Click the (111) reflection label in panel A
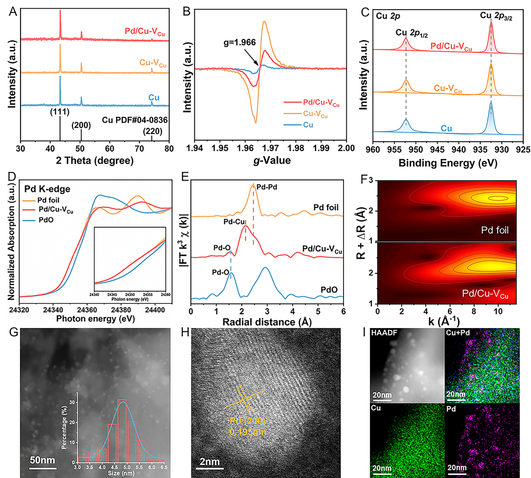(x=60, y=114)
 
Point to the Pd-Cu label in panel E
(x=234, y=222)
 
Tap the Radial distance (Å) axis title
(x=267, y=322)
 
